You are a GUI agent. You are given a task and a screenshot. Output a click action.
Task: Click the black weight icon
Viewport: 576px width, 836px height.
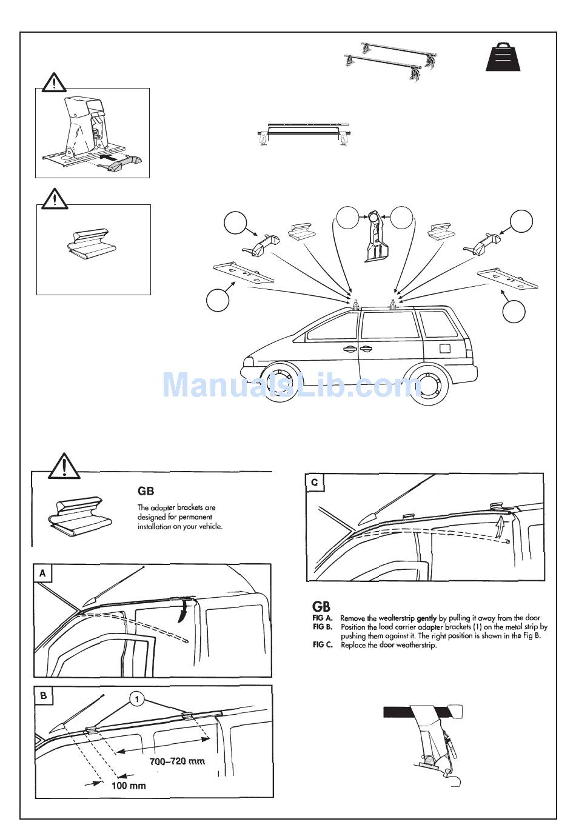tap(503, 58)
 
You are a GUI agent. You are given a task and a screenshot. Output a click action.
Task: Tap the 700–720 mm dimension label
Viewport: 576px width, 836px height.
tap(177, 761)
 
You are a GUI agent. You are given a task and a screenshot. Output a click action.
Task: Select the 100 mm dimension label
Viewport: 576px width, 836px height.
tap(129, 785)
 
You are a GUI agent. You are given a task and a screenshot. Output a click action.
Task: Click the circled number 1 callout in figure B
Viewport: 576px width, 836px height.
tap(138, 700)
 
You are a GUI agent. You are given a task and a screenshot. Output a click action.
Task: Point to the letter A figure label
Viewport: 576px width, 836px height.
tap(43, 573)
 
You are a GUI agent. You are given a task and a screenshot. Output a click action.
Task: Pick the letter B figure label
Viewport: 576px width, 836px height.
tap(43, 695)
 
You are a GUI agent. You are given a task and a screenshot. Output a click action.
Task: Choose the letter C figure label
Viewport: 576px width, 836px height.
tap(314, 483)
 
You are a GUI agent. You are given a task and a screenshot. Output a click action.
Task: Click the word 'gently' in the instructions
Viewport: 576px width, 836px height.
tap(427, 618)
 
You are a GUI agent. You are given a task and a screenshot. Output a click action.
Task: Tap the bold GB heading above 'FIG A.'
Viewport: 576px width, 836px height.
tap(321, 606)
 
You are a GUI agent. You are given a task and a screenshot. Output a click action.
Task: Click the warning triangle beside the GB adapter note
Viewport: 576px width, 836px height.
tap(63, 466)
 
